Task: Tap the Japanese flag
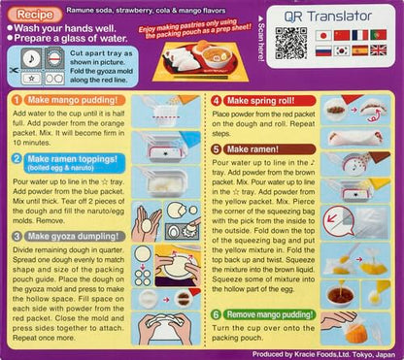(323, 35)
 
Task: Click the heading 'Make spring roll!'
(263, 101)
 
